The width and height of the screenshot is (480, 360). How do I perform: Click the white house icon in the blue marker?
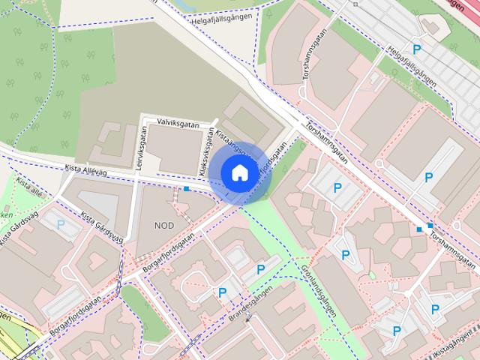click(238, 173)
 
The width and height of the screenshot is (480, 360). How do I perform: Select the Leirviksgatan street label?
click(140, 151)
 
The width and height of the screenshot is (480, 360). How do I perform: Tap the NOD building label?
click(163, 225)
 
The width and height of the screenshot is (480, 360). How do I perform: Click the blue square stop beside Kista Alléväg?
click(187, 189)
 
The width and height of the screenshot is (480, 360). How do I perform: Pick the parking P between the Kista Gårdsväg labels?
click(61, 223)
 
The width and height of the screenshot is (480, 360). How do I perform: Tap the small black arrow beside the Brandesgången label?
click(248, 318)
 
